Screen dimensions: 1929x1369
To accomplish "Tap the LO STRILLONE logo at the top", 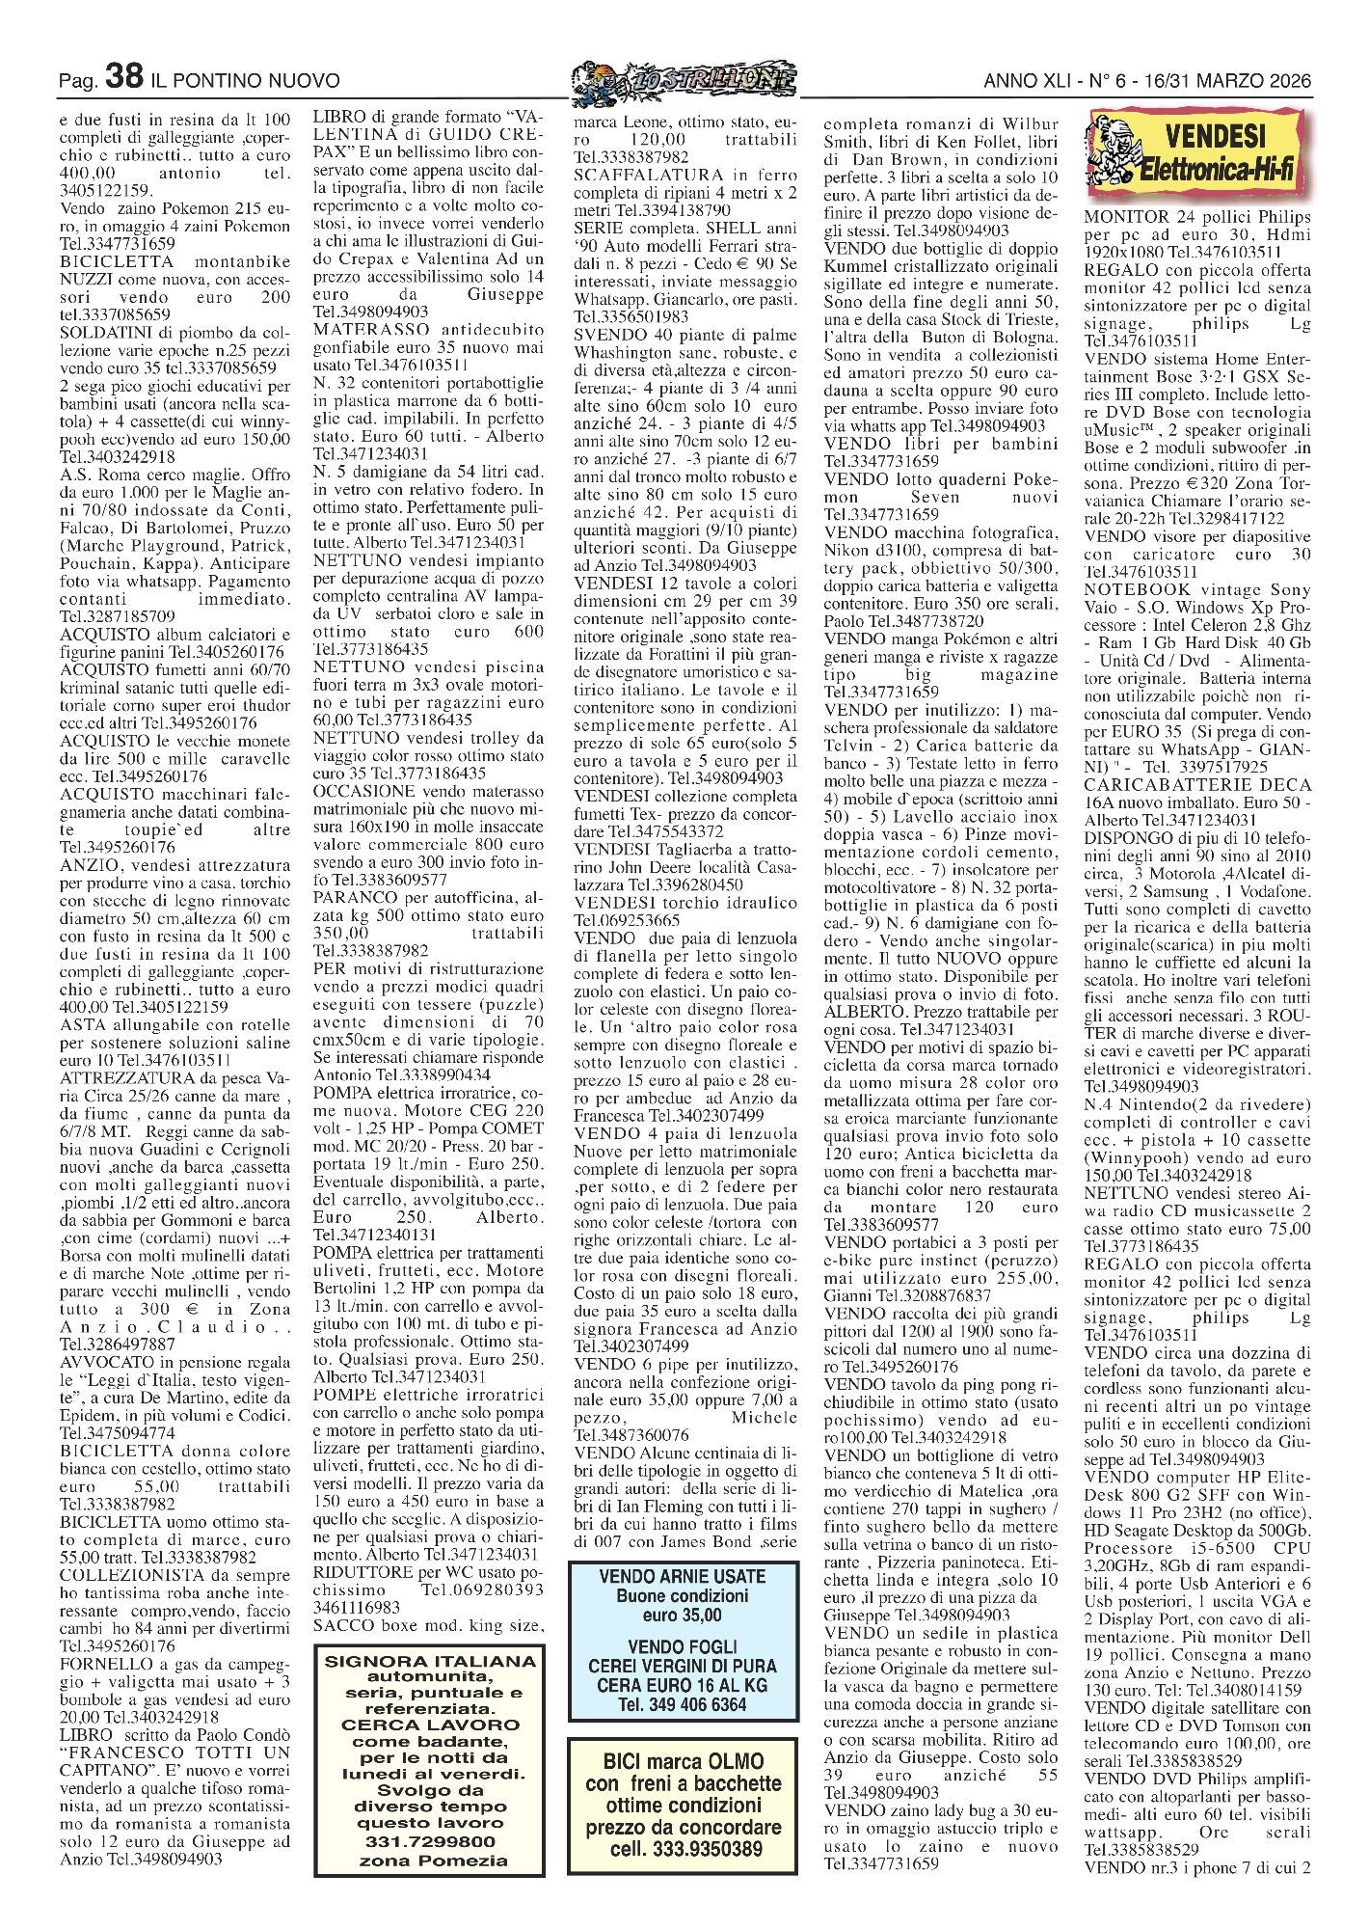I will click(x=684, y=82).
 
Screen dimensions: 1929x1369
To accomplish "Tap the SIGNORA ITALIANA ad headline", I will click(x=430, y=1661).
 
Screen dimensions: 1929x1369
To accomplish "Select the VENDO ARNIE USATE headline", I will click(x=683, y=1576).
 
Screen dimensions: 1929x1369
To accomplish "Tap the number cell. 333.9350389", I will click(x=683, y=1849).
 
